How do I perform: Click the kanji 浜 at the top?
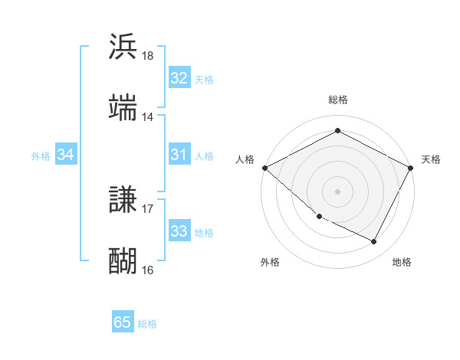tap(123, 47)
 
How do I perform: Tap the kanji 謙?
tap(123, 200)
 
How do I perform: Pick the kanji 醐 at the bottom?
tap(123, 260)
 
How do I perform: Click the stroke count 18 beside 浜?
tap(148, 56)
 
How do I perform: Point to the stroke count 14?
tap(148, 117)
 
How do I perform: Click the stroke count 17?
tap(148, 208)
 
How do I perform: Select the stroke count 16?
tap(148, 270)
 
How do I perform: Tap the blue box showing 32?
tap(179, 78)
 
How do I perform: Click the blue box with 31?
tap(179, 155)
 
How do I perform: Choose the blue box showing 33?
tap(179, 231)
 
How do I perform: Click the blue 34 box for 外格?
tap(66, 155)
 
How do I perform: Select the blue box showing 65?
tap(123, 322)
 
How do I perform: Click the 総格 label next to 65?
tap(147, 324)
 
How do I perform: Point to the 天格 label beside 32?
tap(203, 79)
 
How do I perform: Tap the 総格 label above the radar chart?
tap(337, 100)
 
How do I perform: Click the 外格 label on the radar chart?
tap(270, 262)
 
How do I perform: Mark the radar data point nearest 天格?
tap(411, 167)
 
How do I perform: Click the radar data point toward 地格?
tap(374, 241)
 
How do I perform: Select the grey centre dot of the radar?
tap(337, 191)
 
